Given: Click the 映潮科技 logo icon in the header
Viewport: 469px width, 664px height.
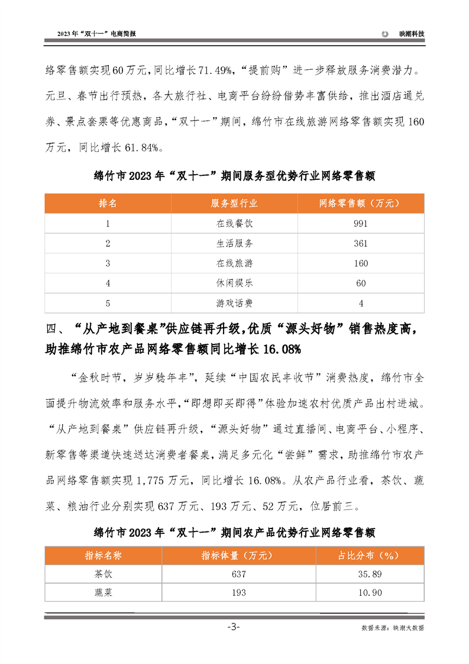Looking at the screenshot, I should (385, 34).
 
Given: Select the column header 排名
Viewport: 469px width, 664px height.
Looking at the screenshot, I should (108, 203).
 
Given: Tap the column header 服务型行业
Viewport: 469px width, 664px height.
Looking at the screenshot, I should (234, 203).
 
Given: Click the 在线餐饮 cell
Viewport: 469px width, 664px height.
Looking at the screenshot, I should (234, 223).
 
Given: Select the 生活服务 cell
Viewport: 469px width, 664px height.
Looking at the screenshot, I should (234, 243).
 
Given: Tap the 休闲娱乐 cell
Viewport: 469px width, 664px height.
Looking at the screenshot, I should (234, 283).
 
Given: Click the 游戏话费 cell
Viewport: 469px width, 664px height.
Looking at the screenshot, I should (234, 304).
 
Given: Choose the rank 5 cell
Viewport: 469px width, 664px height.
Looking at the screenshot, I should (108, 304).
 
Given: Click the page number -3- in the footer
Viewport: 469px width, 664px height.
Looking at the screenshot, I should (234, 627).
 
